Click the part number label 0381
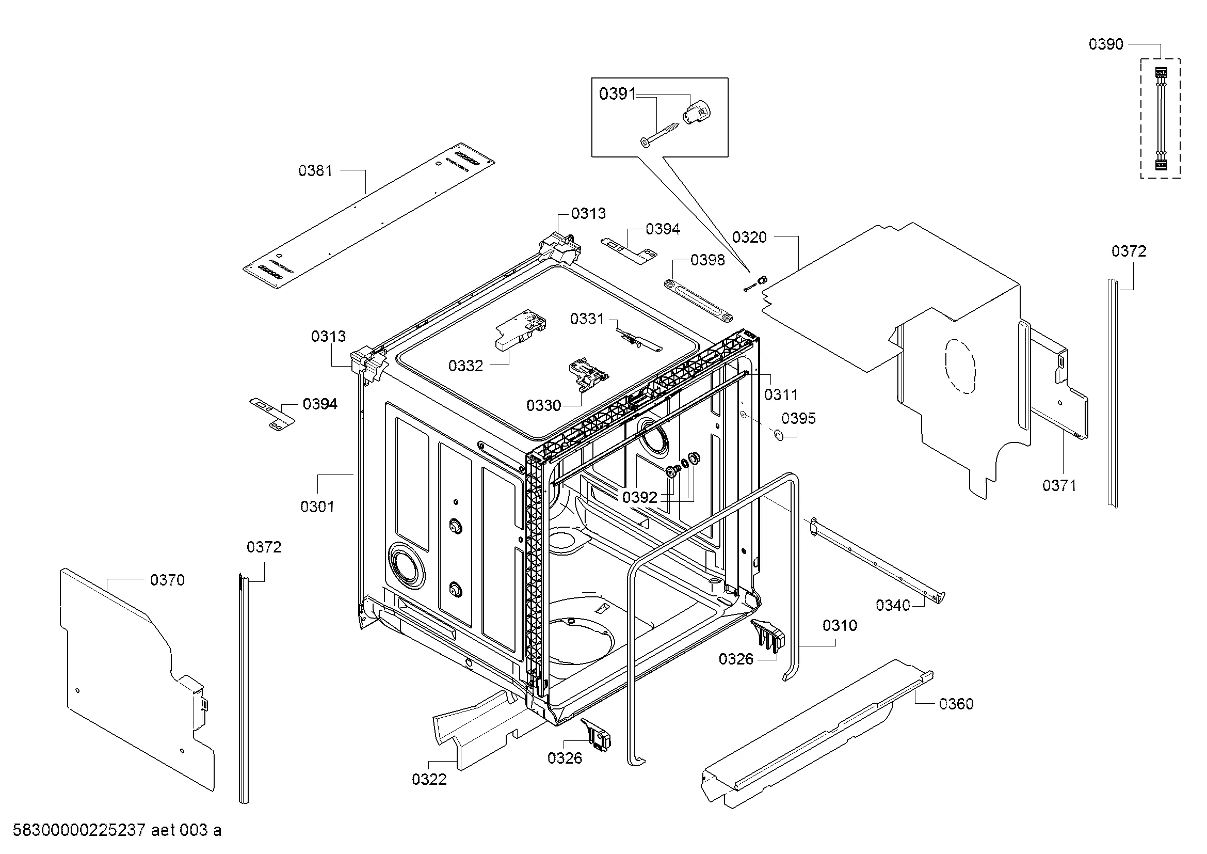315,170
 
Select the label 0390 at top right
1106,44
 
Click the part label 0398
707,260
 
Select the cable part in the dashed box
1160,119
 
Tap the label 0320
750,237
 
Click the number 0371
1060,485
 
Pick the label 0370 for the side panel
167,580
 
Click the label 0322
429,779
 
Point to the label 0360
956,704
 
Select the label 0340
893,605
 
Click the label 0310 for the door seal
840,625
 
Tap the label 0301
317,507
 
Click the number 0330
543,405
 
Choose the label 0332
465,366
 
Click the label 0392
640,497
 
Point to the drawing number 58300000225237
79,830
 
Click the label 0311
781,394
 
